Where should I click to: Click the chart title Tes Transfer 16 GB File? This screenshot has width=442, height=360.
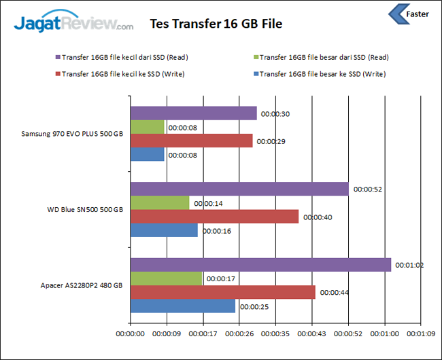[216, 24]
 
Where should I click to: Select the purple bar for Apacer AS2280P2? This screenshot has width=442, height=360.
[260, 264]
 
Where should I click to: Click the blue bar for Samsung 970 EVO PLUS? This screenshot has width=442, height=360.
[147, 154]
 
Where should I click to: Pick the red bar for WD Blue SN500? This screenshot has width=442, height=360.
[214, 216]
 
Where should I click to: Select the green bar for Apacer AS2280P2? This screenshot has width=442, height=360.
[166, 278]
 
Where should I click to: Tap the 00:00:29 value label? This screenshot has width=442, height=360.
[271, 141]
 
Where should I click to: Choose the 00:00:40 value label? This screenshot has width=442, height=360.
[318, 217]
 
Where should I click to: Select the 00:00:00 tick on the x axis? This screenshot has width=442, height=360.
[131, 334]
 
